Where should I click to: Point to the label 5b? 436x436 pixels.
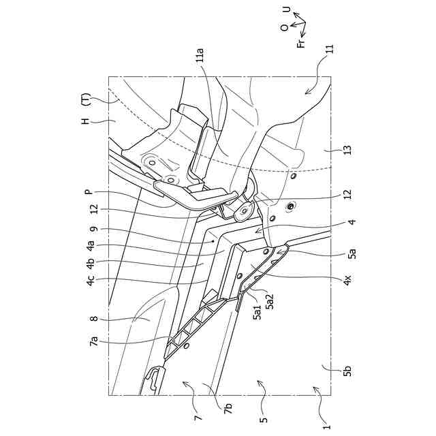click(x=347, y=371)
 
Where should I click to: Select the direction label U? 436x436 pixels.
click(x=286, y=12)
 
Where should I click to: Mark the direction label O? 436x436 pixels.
click(x=283, y=28)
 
